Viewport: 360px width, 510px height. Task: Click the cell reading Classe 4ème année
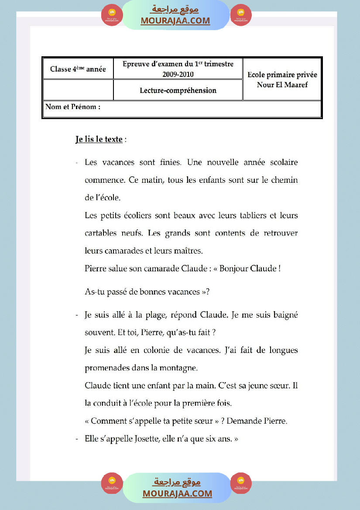pyautogui.click(x=78, y=69)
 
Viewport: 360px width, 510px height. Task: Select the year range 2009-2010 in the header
pyautogui.click(x=178, y=74)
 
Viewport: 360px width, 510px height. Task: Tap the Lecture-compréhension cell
pyautogui.click(x=178, y=90)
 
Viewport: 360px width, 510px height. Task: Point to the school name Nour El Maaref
pyautogui.click(x=282, y=85)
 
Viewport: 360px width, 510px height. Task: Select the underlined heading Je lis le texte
pyautogui.click(x=99, y=140)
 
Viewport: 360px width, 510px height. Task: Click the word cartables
pyautogui.click(x=101, y=233)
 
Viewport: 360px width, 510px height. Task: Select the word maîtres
pyautogui.click(x=189, y=251)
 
